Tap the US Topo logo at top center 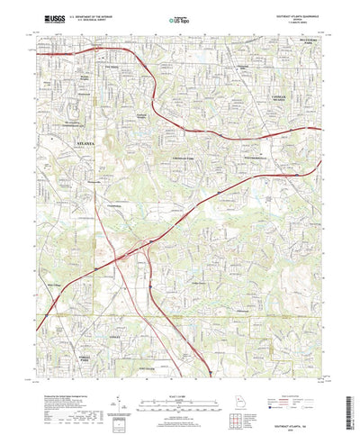point(177,17)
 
